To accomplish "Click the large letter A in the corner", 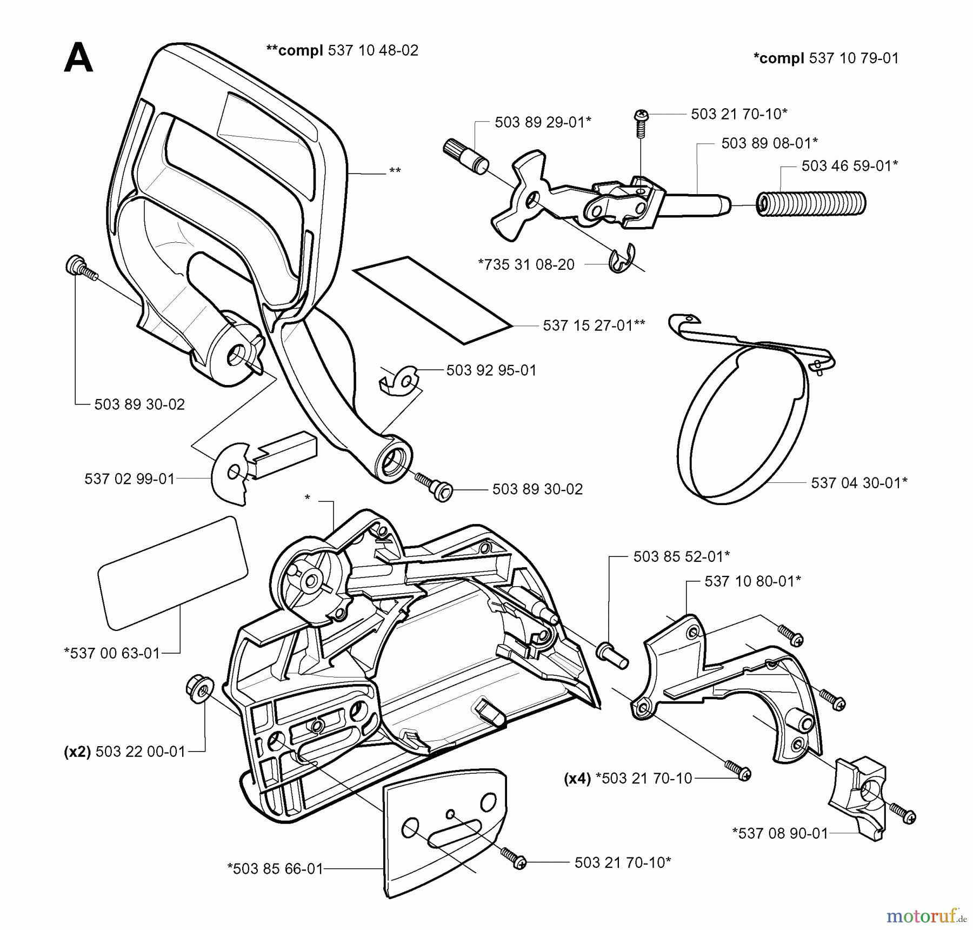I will coord(78,58).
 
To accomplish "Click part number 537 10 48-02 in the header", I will coord(373,50).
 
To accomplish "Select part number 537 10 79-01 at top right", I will coord(854,58).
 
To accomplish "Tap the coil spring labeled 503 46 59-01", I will coord(811,204).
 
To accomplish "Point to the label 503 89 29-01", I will coord(543,122).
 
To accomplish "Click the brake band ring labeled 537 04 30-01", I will coord(741,427).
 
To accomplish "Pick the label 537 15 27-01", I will coord(594,325).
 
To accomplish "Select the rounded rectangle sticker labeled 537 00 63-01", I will coord(172,574).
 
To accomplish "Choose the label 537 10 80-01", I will coord(752,581).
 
